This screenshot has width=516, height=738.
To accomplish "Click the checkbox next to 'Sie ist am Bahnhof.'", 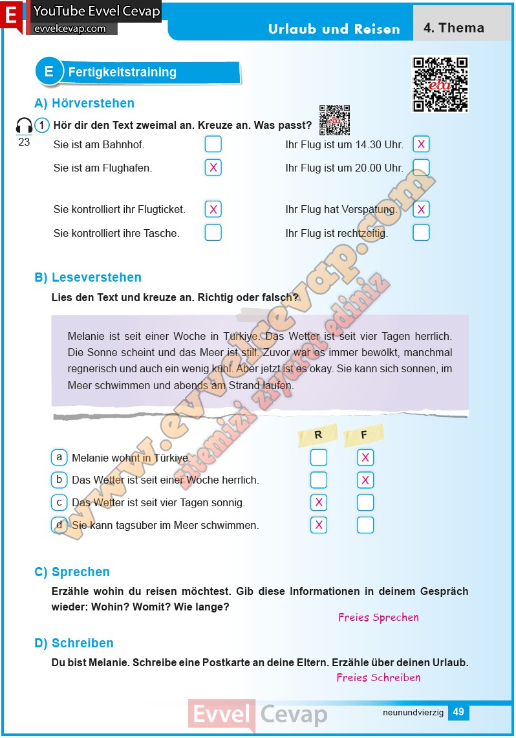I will click(213, 144).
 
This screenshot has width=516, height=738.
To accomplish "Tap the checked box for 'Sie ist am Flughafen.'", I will click(213, 168).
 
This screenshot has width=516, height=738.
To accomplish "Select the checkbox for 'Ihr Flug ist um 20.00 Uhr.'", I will click(421, 168).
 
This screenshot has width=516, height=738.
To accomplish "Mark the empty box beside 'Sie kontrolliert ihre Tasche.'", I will click(213, 232).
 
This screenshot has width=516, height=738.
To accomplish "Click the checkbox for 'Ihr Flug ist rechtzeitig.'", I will click(421, 232).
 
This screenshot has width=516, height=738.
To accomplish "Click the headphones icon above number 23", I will click(24, 126).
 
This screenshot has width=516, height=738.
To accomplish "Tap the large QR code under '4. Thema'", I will click(440, 84).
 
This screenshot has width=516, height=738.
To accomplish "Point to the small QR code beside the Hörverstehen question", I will click(335, 120).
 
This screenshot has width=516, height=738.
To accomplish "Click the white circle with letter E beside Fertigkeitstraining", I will click(49, 72).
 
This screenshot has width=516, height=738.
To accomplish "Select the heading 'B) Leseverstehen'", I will click(88, 277).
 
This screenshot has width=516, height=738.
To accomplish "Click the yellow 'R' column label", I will click(318, 436).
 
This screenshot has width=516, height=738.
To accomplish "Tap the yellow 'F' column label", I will click(364, 436).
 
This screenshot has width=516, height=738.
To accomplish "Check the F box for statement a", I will click(365, 458).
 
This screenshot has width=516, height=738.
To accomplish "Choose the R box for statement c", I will click(318, 502).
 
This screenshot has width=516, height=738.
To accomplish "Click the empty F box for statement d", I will click(365, 525).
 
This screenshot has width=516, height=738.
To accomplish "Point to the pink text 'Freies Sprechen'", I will click(378, 618).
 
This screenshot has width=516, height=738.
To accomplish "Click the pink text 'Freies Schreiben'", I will click(378, 678).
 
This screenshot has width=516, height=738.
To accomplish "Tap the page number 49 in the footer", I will click(458, 712).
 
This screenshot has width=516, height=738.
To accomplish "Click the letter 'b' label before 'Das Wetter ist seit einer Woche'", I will click(59, 480).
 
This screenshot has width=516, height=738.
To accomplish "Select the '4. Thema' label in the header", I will click(454, 28).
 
